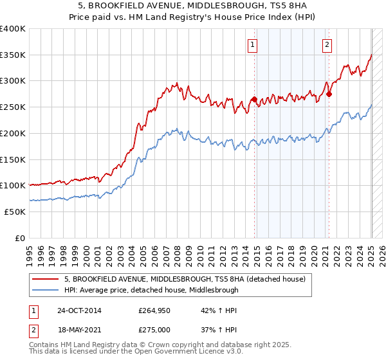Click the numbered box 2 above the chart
coord(327,45)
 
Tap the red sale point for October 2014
coord(254,100)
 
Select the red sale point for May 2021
coord(329,94)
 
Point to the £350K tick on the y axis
coord(13,55)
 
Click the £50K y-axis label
coord(15,212)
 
